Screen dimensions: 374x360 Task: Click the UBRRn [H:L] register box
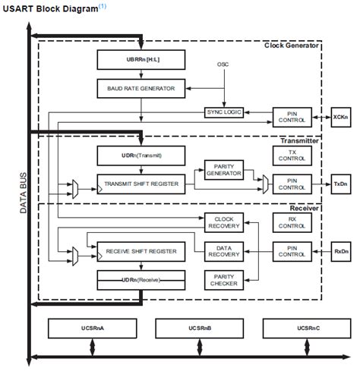pyautogui.click(x=141, y=58)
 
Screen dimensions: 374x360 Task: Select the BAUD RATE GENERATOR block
pyautogui.click(x=141, y=88)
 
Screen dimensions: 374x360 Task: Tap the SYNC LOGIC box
pyautogui.click(x=223, y=112)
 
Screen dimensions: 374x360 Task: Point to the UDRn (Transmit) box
pyautogui.click(x=141, y=155)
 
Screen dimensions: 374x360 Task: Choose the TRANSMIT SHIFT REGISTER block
pyautogui.click(x=141, y=183)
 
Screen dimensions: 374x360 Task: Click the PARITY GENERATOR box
pyautogui.click(x=223, y=170)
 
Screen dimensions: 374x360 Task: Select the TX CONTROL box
pyautogui.click(x=291, y=156)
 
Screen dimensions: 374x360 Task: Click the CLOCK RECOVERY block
pyautogui.click(x=223, y=222)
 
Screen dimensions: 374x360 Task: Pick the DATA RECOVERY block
pyautogui.click(x=223, y=251)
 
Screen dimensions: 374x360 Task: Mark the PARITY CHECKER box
pyautogui.click(x=223, y=280)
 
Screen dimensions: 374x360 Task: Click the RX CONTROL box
pyautogui.click(x=291, y=222)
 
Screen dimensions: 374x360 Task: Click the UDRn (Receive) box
pyautogui.click(x=141, y=279)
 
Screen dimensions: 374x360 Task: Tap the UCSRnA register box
pyautogui.click(x=91, y=328)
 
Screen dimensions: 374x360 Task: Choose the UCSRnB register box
pyautogui.click(x=199, y=328)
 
